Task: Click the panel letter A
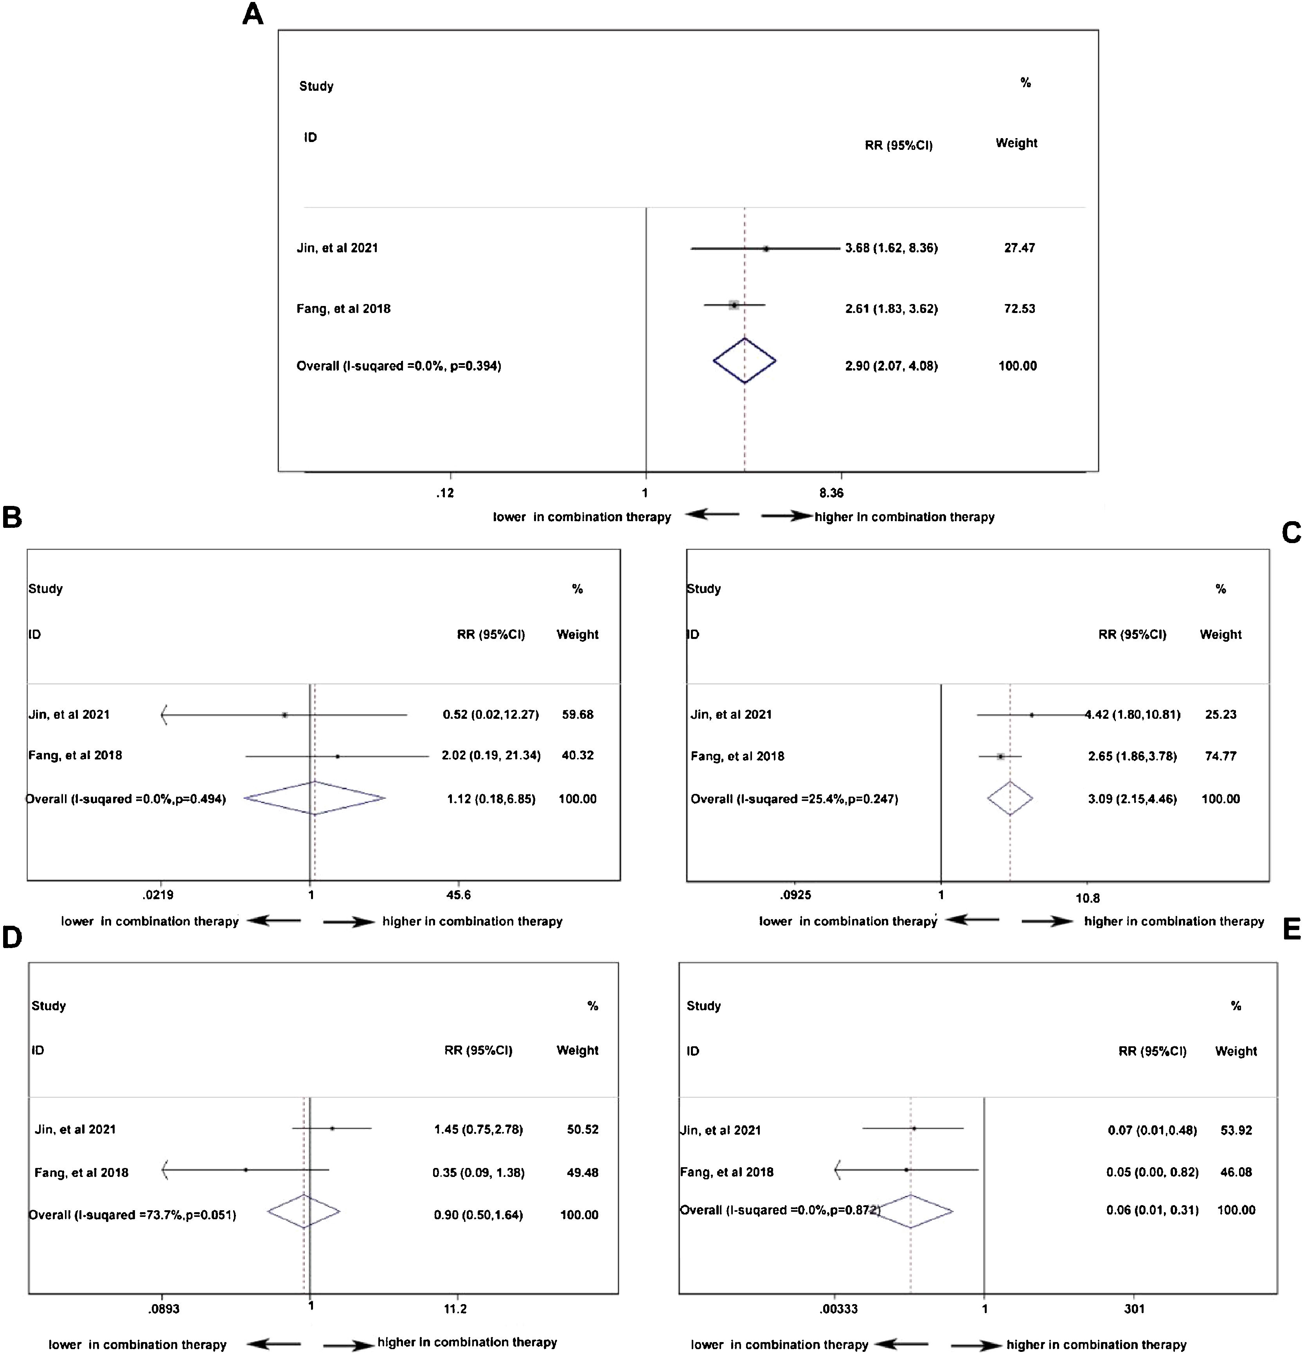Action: (x=253, y=14)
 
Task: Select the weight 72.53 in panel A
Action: (x=1019, y=308)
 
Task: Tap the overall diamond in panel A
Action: (x=745, y=360)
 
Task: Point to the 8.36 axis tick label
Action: (x=831, y=493)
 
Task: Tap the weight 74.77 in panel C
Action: (x=1220, y=756)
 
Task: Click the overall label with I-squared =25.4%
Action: (x=794, y=799)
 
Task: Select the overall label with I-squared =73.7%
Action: (x=132, y=1215)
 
